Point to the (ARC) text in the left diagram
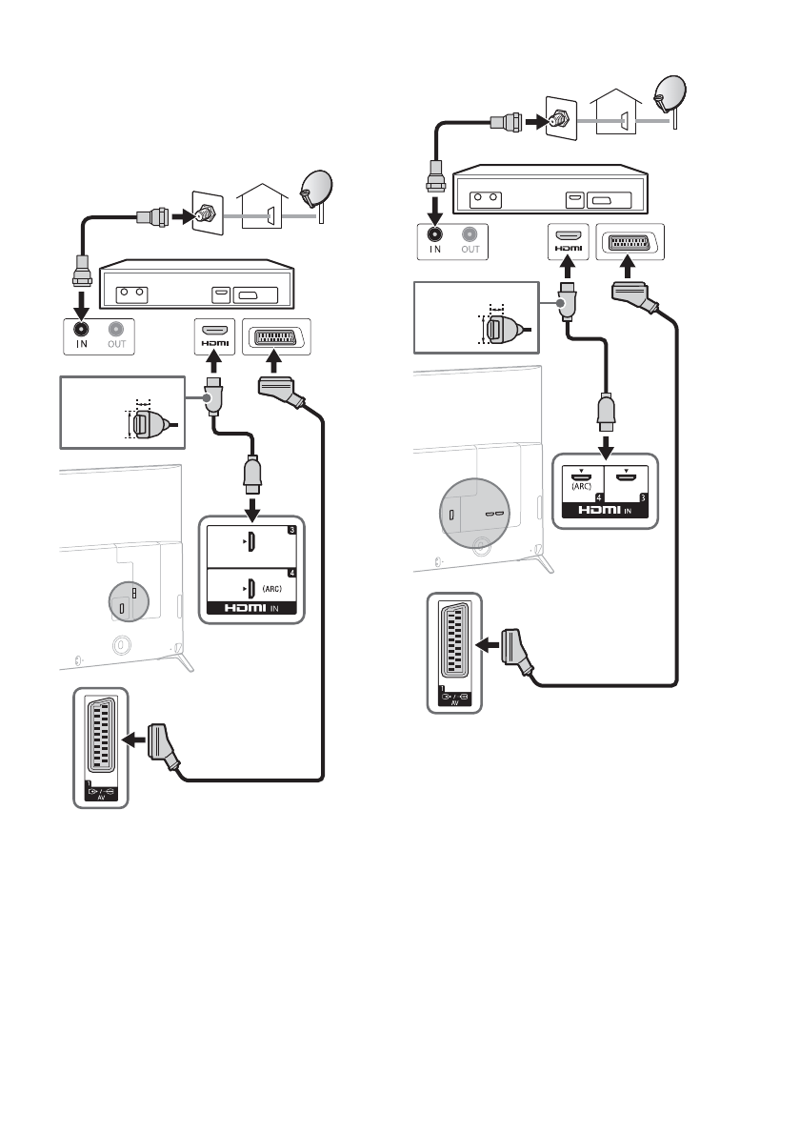point(271,588)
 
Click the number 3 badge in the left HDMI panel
point(290,529)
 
